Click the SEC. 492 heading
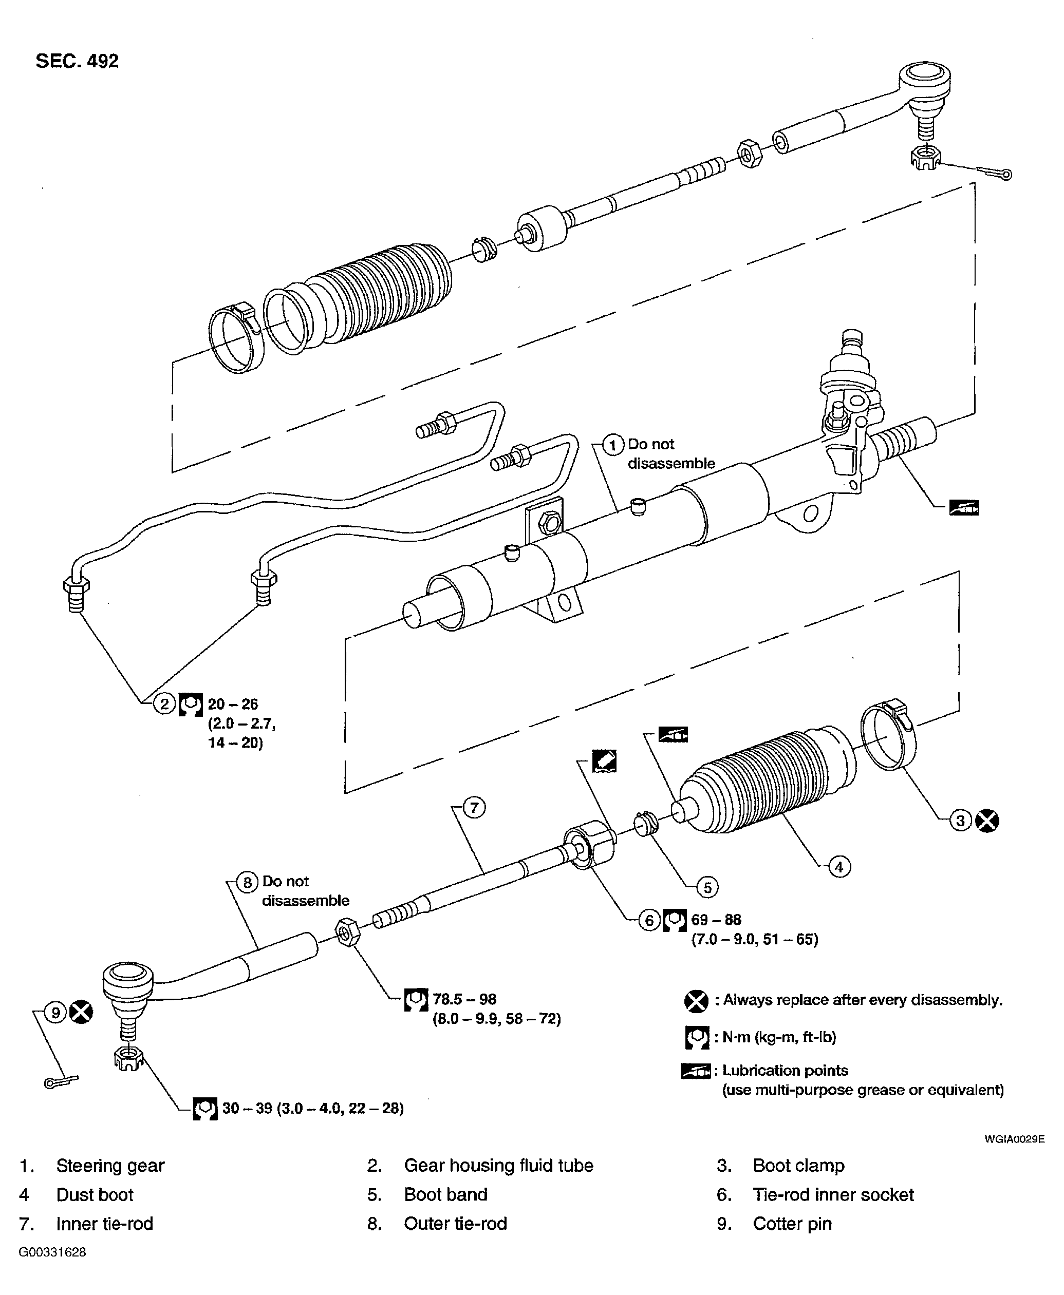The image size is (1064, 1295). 77,61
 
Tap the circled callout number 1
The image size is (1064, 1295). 612,444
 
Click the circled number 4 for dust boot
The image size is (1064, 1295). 839,867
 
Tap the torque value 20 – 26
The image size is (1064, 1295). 233,704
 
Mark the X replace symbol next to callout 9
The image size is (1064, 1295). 81,1012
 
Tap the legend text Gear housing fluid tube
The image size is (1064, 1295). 498,1165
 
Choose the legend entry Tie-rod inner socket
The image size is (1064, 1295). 833,1194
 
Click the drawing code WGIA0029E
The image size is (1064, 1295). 1014,1139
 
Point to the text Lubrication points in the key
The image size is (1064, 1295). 785,1070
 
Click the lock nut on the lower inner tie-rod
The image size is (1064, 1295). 347,932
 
